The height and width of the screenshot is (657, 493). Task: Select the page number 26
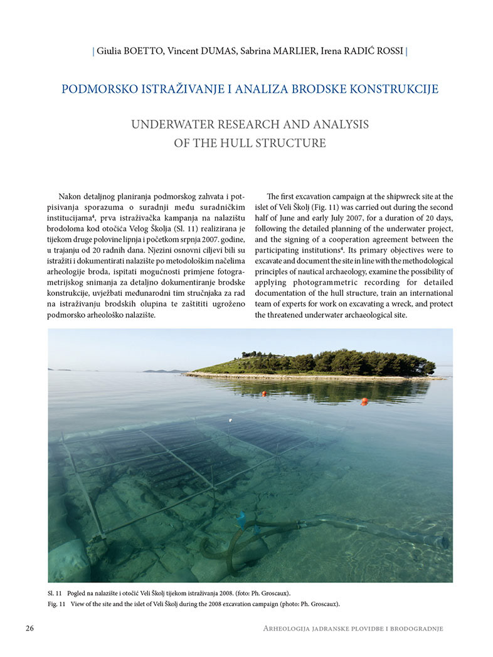pyautogui.click(x=30, y=628)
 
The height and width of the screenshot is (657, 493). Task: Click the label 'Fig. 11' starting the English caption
pyautogui.click(x=57, y=604)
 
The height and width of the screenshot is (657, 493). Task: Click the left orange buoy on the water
pyautogui.click(x=265, y=393)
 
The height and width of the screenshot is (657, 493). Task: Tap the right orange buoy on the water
pyautogui.click(x=364, y=401)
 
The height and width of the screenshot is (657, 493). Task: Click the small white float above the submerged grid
pyautogui.click(x=231, y=420)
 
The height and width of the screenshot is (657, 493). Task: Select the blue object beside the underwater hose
pyautogui.click(x=240, y=518)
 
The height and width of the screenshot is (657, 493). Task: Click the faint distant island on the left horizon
pyautogui.click(x=157, y=371)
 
